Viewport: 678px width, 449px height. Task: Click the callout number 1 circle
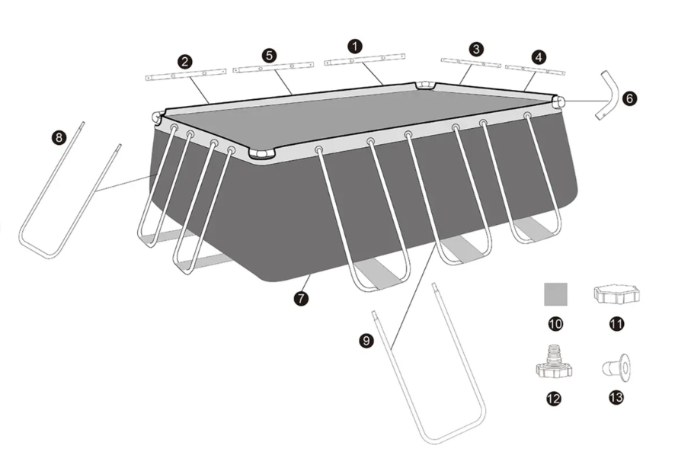coord(355,46)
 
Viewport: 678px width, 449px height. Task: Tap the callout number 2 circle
coord(185,62)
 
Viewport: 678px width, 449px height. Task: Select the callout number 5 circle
coord(269,56)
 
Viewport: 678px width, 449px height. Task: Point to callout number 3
coord(476,49)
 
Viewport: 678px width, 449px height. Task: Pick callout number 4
coord(539,56)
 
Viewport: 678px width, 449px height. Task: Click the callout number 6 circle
coord(629,98)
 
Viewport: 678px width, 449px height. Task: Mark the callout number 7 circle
coord(301,298)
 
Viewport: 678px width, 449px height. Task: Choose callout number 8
coord(59,138)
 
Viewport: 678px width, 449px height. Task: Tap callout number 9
coord(366,341)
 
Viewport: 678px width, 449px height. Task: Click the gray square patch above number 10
coord(555,294)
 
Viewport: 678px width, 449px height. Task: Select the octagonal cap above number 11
coord(616,295)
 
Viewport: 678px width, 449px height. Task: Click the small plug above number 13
coord(616,368)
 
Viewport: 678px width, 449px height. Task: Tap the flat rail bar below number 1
coord(364,59)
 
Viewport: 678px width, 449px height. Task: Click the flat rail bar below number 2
coord(186,75)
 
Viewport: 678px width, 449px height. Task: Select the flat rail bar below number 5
coord(273,67)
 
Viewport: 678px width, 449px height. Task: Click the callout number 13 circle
coord(616,397)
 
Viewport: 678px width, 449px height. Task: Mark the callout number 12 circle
coord(554,399)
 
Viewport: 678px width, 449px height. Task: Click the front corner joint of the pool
coord(262,155)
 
